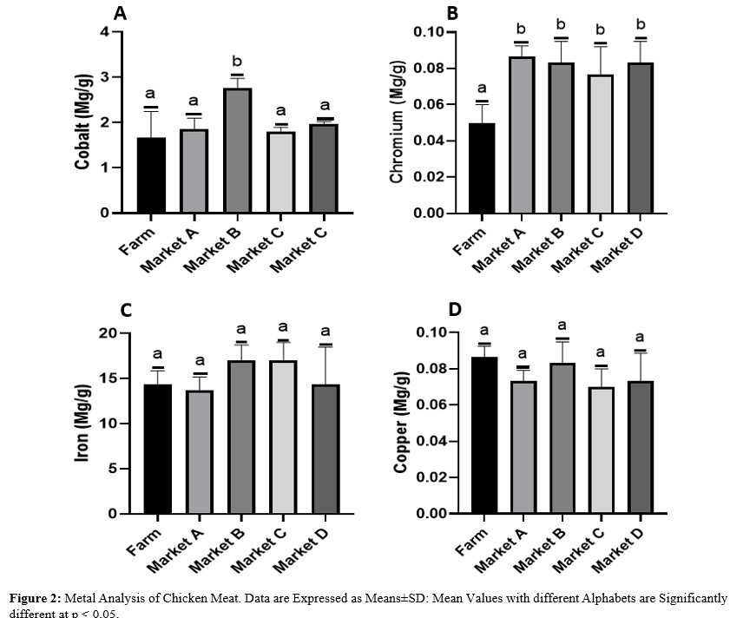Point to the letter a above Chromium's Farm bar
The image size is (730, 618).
(482, 88)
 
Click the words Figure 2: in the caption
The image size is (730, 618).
(36, 598)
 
